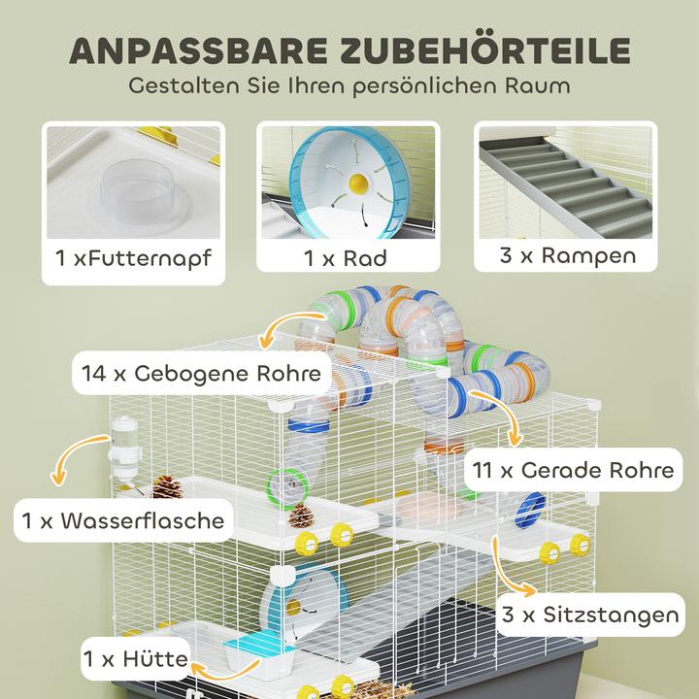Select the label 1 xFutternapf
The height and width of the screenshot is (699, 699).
133,259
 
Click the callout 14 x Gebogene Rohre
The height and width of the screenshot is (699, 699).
202,373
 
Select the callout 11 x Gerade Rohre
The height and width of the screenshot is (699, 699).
574,471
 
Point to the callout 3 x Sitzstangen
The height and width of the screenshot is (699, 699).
589,615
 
